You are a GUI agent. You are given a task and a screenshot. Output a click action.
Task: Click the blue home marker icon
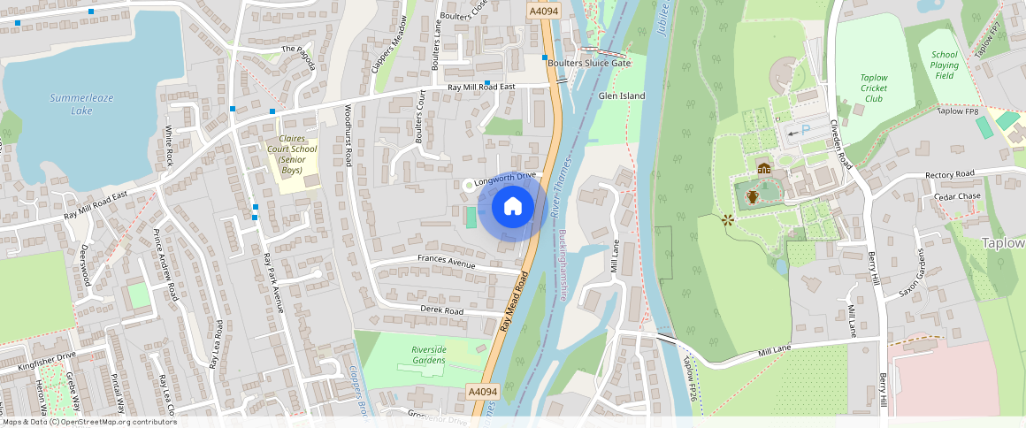coord(512,207)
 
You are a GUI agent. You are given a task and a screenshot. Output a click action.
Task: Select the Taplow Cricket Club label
coord(874,88)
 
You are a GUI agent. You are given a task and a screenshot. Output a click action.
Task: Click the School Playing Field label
coord(945,65)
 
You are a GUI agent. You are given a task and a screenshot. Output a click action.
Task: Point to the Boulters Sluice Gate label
coord(589,64)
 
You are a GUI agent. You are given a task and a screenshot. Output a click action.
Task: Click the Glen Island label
coord(622,96)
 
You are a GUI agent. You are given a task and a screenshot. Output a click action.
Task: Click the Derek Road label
coord(442,310)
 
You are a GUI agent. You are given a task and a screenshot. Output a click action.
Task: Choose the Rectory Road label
coord(949,174)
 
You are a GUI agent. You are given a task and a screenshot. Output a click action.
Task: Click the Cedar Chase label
coord(957,196)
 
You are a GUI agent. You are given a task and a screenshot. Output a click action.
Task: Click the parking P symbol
coord(806,129)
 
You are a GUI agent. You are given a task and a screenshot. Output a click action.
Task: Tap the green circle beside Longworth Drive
coord(468,184)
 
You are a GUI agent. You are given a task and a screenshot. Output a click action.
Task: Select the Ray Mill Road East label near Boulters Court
coord(480,88)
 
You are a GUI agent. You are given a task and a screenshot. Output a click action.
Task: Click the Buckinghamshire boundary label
coord(563,265)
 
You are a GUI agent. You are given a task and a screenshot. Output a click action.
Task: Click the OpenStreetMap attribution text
coord(88,422)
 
